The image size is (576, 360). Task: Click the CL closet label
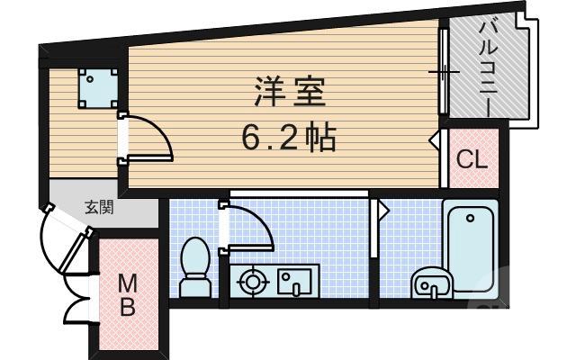[472, 160]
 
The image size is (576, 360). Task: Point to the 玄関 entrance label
[99, 208]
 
